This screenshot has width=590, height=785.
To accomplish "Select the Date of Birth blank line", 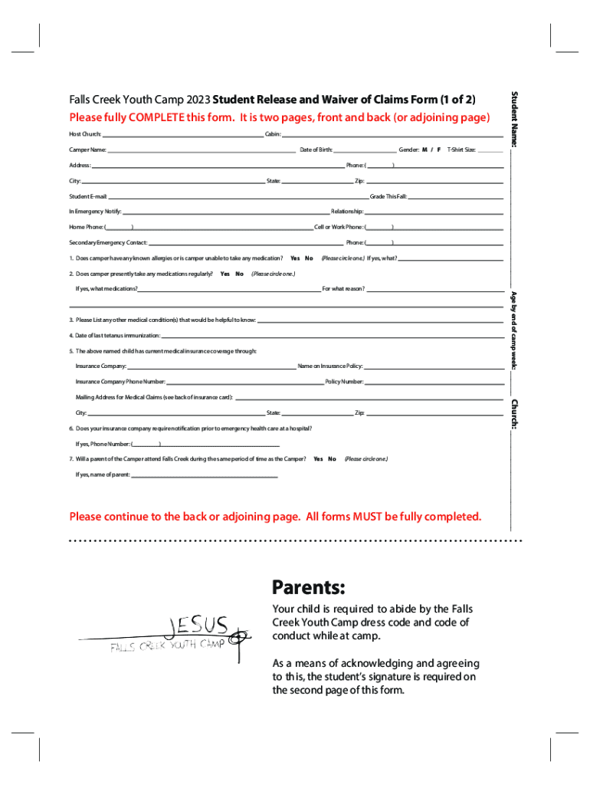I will pyautogui.click(x=365, y=149).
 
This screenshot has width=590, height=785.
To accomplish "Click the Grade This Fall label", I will pyautogui.click(x=388, y=196).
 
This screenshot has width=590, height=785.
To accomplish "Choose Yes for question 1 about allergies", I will pyautogui.click(x=295, y=258).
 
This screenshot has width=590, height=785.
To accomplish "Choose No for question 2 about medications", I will pyautogui.click(x=239, y=274).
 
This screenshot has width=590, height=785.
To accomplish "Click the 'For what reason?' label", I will pyautogui.click(x=343, y=289).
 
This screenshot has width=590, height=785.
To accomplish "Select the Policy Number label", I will pyautogui.click(x=344, y=381).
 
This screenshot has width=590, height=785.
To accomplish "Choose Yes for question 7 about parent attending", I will pyautogui.click(x=318, y=459).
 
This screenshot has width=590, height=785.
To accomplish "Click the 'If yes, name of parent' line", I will pyautogui.click(x=204, y=475).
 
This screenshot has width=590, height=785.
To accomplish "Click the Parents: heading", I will pyautogui.click(x=309, y=588).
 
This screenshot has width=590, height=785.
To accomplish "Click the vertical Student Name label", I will pyautogui.click(x=516, y=120).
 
